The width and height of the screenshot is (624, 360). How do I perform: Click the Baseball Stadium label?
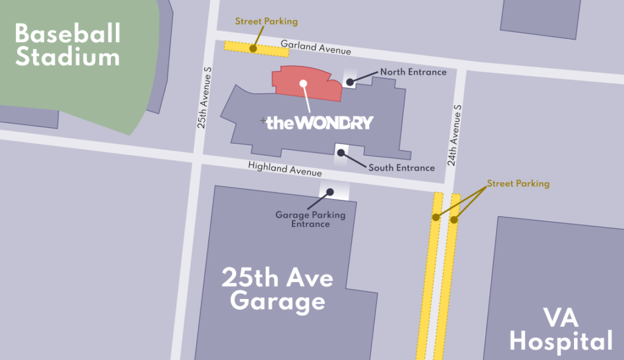point(68,45)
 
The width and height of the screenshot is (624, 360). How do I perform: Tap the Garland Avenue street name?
point(316,48)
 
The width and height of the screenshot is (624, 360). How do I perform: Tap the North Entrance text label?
point(413,72)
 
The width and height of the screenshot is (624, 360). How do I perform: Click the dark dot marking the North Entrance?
point(350,82)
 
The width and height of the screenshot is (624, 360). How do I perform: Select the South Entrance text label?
point(402,168)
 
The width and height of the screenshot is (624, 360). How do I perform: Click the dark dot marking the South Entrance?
point(341,152)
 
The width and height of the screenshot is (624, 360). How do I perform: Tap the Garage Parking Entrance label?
point(310,219)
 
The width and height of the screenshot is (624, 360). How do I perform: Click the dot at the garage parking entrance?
point(330,192)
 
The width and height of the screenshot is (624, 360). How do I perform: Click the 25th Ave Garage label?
point(277,290)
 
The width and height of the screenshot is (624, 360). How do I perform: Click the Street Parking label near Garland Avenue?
point(266,21)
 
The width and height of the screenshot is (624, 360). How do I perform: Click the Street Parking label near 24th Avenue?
point(518,183)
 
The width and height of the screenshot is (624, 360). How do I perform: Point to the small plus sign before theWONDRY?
point(263,121)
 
